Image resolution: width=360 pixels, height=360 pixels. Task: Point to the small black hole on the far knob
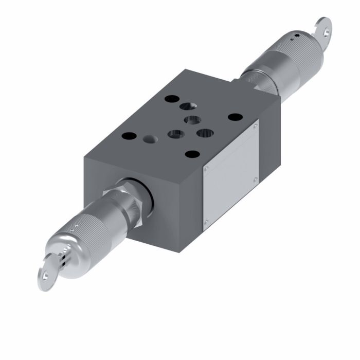pos(296,37)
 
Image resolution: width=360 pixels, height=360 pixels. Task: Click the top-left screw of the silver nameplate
pos(206,168)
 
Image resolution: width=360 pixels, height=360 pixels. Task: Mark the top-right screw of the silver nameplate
pos(256,125)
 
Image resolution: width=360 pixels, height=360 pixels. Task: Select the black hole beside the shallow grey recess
pos(129,137)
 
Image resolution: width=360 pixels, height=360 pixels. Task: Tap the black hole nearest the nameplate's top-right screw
pos(235,117)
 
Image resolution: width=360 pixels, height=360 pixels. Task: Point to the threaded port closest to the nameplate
pos(205,133)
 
